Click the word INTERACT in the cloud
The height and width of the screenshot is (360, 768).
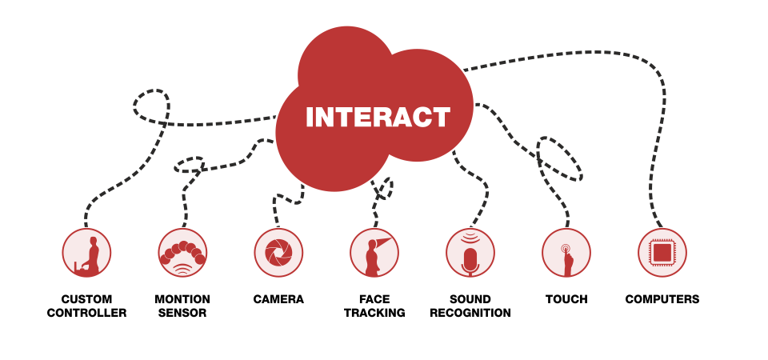coord(378,117)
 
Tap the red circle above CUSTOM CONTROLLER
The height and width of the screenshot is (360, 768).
coord(86,253)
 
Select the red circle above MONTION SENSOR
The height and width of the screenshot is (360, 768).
coord(182,253)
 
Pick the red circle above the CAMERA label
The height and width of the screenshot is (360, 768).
coord(278,253)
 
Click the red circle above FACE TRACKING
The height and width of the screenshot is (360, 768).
coord(374,253)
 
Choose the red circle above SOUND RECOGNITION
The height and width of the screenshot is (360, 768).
coord(470,253)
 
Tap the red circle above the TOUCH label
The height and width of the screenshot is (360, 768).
coord(566,253)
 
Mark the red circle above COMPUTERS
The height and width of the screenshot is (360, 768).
coord(662,253)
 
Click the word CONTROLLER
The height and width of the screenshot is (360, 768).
coord(86,313)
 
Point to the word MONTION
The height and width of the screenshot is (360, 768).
coord(182,299)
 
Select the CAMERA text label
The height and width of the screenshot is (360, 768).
coord(278,299)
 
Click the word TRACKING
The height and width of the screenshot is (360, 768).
coord(374,313)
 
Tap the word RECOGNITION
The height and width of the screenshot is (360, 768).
coord(470,313)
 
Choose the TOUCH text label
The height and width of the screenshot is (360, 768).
coord(566,299)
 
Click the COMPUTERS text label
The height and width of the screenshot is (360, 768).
coord(662,299)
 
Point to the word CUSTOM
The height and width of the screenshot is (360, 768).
coord(86,299)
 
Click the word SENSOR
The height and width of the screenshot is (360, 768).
coord(182,313)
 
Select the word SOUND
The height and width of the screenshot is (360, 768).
coord(470,299)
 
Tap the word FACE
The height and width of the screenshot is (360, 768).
coord(374,299)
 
